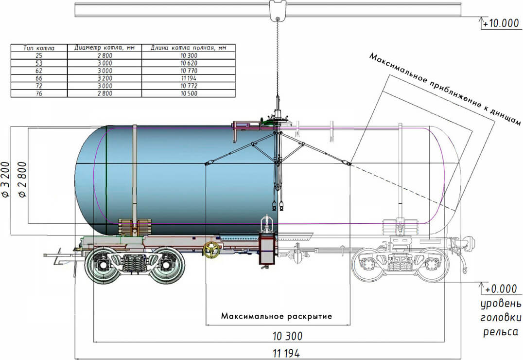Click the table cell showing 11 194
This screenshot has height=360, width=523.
point(189,78)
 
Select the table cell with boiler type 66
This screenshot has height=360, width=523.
point(39,78)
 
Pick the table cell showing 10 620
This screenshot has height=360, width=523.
point(189,63)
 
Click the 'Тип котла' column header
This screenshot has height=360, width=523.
point(39,48)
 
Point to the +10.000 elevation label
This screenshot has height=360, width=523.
point(501,23)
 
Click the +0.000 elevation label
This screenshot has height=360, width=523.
point(500,289)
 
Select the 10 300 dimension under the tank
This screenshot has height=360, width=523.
point(287,336)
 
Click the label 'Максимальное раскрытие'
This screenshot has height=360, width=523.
point(277,316)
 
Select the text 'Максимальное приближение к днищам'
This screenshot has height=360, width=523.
point(445,90)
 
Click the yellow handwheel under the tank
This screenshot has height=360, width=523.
point(211,250)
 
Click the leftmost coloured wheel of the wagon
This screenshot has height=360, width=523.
point(103,265)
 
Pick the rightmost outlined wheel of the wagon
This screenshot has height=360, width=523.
point(432,265)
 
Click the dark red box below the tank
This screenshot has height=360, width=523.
point(267,249)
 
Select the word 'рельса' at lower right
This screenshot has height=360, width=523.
point(501,332)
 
